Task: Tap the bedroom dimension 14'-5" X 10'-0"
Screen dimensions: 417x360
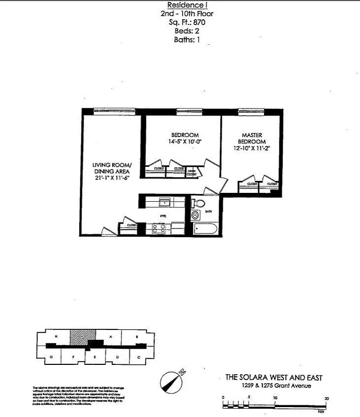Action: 185,141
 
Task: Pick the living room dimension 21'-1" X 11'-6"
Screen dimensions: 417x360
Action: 112,178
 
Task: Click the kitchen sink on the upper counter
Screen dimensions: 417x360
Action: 164,202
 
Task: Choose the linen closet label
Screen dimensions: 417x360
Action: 192,173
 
